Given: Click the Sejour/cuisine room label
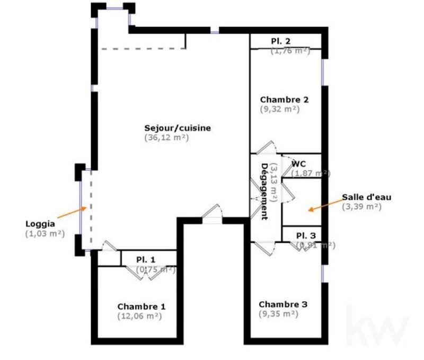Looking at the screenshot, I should coord(178,128).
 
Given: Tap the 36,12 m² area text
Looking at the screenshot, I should coord(166,137).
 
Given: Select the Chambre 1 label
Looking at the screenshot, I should coord(142,306).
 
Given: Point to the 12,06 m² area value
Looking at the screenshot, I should coord(139,316).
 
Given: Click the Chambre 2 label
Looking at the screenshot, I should coord(284,99).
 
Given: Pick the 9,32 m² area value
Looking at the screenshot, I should coord(280,109).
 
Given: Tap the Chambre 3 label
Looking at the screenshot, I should coord(282,304).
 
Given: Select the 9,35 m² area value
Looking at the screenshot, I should coord(278,314).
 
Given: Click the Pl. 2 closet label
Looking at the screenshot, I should coord(281,41).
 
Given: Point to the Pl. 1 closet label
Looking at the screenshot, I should coord(146,260).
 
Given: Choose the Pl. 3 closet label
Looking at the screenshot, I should coord(306,235).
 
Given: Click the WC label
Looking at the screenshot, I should coord(299,164).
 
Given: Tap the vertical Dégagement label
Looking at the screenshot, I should coord(263,190).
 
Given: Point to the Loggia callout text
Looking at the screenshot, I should coord(40,224).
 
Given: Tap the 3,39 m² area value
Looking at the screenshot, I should coord(361,206).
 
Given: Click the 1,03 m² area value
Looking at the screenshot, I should coord(45,233).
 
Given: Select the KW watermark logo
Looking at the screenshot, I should coord(377,323).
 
